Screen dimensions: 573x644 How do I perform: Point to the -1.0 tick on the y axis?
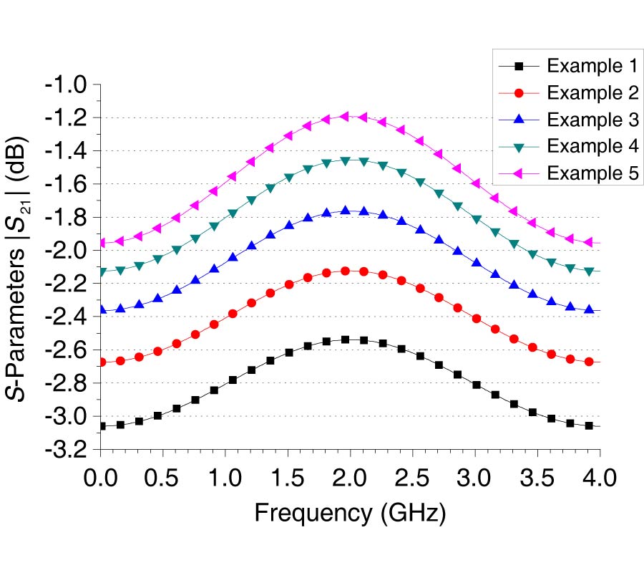(x=66, y=85)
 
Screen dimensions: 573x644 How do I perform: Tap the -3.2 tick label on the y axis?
(x=66, y=450)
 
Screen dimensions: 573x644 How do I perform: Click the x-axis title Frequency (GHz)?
(x=350, y=514)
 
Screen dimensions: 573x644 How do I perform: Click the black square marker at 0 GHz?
(x=102, y=426)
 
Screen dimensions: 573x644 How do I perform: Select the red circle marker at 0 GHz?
(x=102, y=362)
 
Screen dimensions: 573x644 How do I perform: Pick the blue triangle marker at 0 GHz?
(x=102, y=309)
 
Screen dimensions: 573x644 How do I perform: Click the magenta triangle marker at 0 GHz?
(x=102, y=244)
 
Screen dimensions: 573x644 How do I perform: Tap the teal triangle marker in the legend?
(x=520, y=147)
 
